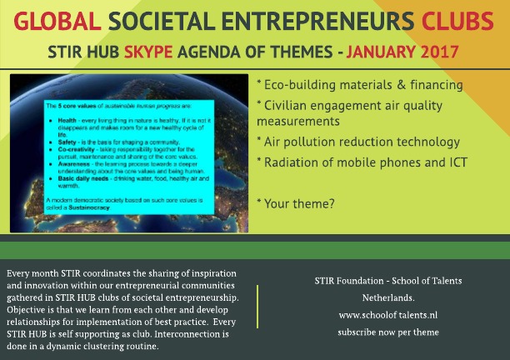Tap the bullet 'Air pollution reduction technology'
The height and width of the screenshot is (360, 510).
pos(359,142)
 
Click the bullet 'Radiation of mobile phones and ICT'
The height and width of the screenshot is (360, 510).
pos(361,162)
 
